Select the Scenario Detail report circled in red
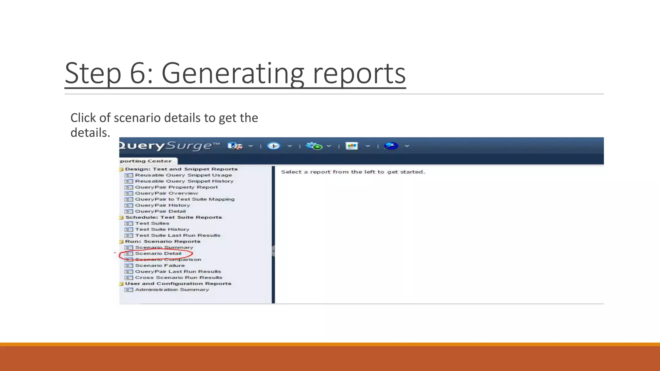158,253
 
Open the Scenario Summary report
164,247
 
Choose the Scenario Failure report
160,265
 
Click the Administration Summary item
172,290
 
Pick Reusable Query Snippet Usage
183,175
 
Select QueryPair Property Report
176,187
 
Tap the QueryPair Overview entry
166,193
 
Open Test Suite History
162,229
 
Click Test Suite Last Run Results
177,235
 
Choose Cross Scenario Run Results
178,278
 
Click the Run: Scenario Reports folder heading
162,242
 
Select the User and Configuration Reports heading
178,284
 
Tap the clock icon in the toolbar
274,146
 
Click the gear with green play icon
314,146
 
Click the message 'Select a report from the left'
353,172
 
